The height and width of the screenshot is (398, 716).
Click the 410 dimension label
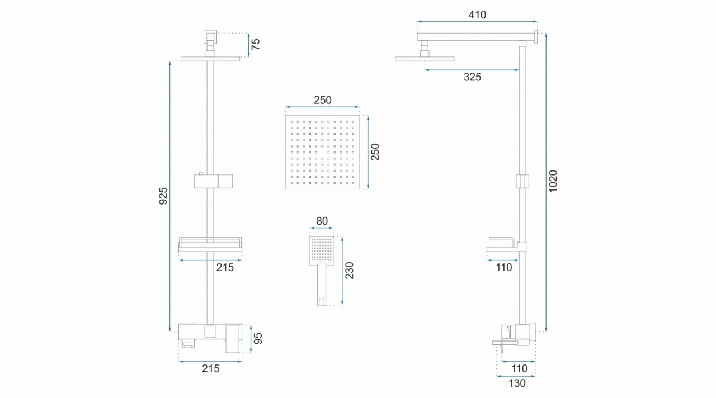[x=477, y=15]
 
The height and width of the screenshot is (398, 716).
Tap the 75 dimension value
[x=256, y=44]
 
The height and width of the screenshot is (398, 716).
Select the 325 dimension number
[x=473, y=77]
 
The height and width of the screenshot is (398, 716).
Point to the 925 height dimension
[x=163, y=196]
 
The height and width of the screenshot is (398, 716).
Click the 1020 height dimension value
[x=553, y=181]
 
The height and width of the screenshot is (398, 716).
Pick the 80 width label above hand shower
[x=322, y=221]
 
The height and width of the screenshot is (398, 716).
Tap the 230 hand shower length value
[x=350, y=271]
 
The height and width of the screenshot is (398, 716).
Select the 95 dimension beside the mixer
[x=258, y=338]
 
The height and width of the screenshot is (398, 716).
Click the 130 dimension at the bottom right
[x=517, y=383]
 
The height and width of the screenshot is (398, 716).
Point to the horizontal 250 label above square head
[x=323, y=100]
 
